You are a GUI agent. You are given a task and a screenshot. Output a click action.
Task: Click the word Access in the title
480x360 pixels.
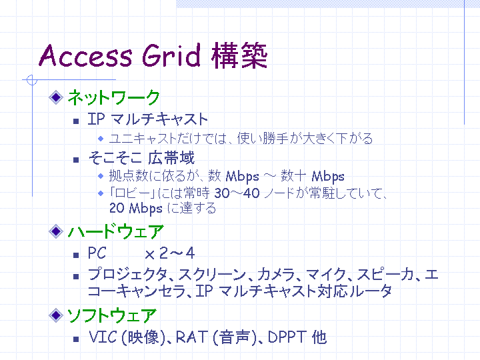coord(86,56)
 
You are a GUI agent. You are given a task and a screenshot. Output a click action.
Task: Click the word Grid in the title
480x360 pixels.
coord(171,55)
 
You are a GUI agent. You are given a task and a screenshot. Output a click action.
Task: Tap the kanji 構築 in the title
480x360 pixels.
coord(239,55)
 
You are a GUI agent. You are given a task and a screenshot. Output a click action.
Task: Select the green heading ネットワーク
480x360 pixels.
coord(113,97)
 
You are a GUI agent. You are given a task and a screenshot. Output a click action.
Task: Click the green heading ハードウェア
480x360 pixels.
coord(116,231)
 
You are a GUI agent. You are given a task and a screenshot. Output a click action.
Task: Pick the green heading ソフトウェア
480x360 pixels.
coord(112,315)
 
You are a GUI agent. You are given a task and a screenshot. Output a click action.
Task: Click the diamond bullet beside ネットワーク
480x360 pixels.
coord(56,97)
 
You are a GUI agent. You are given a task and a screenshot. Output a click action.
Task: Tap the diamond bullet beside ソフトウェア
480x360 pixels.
coord(56,315)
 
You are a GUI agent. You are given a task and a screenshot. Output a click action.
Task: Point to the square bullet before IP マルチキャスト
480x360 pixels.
coord(76,121)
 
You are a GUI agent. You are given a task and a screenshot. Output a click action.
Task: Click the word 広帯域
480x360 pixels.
coord(171,158)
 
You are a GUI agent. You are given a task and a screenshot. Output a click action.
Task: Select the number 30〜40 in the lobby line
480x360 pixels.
coord(237,193)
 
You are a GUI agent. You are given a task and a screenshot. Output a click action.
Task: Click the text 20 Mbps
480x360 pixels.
coord(135,209)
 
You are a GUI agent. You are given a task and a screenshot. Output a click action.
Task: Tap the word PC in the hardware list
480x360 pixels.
coord(97,253)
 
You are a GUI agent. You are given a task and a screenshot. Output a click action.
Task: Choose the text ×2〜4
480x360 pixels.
coord(169,253)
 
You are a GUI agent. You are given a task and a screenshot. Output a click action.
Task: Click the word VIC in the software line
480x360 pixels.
coord(103,337)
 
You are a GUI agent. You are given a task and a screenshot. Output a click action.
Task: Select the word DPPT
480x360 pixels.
coord(287,337)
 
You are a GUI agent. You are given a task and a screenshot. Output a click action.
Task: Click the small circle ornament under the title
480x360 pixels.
coord(32,80)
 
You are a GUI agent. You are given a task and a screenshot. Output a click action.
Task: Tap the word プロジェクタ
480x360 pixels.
coord(127,274)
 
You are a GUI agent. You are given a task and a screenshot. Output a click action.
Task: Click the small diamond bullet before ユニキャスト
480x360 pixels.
coord(101,139)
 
